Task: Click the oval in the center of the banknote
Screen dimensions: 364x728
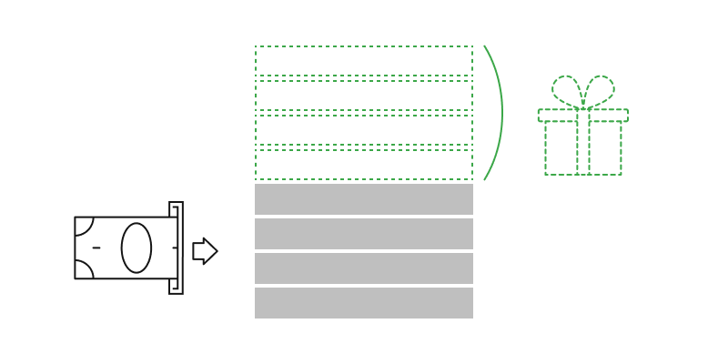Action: [136, 248]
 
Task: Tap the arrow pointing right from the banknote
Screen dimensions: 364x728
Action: [205, 251]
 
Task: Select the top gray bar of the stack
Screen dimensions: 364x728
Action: [364, 199]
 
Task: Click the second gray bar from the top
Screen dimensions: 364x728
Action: [364, 234]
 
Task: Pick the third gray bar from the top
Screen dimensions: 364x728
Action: [364, 268]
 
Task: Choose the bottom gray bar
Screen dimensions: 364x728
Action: [364, 303]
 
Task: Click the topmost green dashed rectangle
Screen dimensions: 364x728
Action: [364, 61]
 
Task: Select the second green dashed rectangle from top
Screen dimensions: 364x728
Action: [364, 96]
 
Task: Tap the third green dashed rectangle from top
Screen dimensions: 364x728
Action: [364, 130]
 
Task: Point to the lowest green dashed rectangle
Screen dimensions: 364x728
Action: [364, 165]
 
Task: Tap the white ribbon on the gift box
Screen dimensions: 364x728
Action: [583, 143]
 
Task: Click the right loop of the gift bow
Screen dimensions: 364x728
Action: [601, 91]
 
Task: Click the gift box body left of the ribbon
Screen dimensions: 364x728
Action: [561, 148]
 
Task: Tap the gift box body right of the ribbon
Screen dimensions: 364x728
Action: [606, 148]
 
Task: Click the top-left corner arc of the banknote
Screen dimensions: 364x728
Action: [83, 225]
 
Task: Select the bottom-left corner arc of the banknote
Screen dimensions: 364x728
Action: [83, 270]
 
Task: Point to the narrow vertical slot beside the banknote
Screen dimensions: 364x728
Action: [176, 248]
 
